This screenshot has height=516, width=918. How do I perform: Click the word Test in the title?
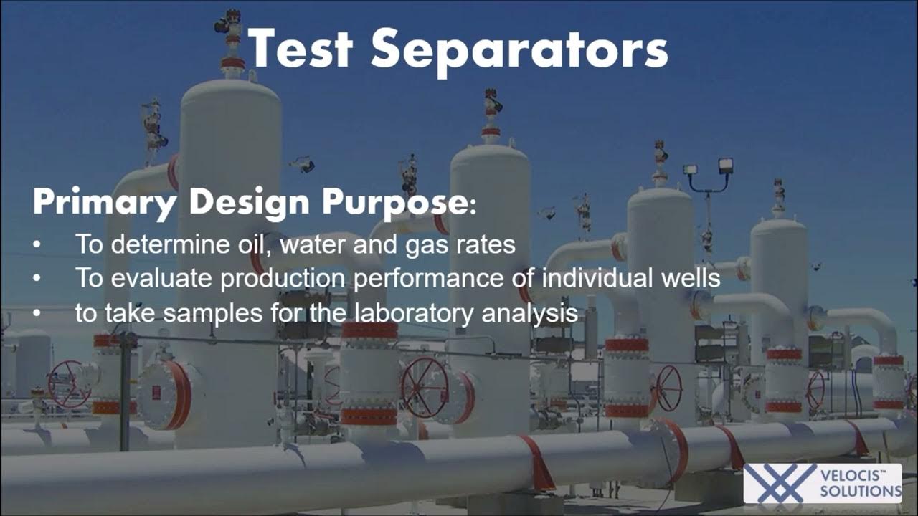(x=301, y=49)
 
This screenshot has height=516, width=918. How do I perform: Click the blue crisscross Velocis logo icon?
(x=781, y=482)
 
